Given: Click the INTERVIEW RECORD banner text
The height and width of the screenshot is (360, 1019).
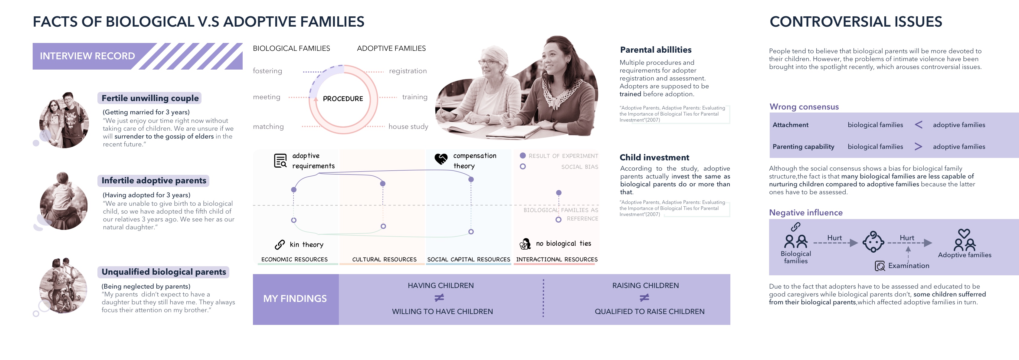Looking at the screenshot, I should tap(87, 56).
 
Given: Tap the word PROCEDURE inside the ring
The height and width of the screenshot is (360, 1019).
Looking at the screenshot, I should tap(342, 99).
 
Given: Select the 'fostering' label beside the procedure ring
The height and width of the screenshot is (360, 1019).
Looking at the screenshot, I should tap(267, 71).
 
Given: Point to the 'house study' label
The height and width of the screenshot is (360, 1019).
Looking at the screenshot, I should tap(408, 126).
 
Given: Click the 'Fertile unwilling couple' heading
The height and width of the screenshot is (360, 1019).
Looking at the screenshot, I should tap(150, 98).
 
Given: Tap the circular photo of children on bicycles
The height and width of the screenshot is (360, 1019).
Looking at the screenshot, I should tap(63, 286).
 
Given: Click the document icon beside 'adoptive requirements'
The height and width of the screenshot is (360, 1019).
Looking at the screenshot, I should tap(280, 161).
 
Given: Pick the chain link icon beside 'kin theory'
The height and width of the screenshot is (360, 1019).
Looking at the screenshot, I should tap(280, 245).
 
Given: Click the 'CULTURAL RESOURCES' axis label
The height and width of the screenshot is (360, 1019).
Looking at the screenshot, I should tap(384, 260).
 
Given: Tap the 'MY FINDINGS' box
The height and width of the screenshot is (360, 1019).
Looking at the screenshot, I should tap(295, 299).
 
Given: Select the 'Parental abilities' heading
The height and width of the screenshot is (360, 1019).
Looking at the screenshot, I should tap(655, 50).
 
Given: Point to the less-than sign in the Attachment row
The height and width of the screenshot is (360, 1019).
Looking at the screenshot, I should tap(918, 125).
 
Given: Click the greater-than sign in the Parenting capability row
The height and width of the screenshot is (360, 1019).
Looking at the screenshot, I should tap(918, 147).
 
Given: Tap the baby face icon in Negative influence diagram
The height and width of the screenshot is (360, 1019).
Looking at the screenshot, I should tap(873, 242).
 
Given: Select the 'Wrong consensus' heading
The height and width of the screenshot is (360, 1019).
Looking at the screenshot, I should tap(804, 107).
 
